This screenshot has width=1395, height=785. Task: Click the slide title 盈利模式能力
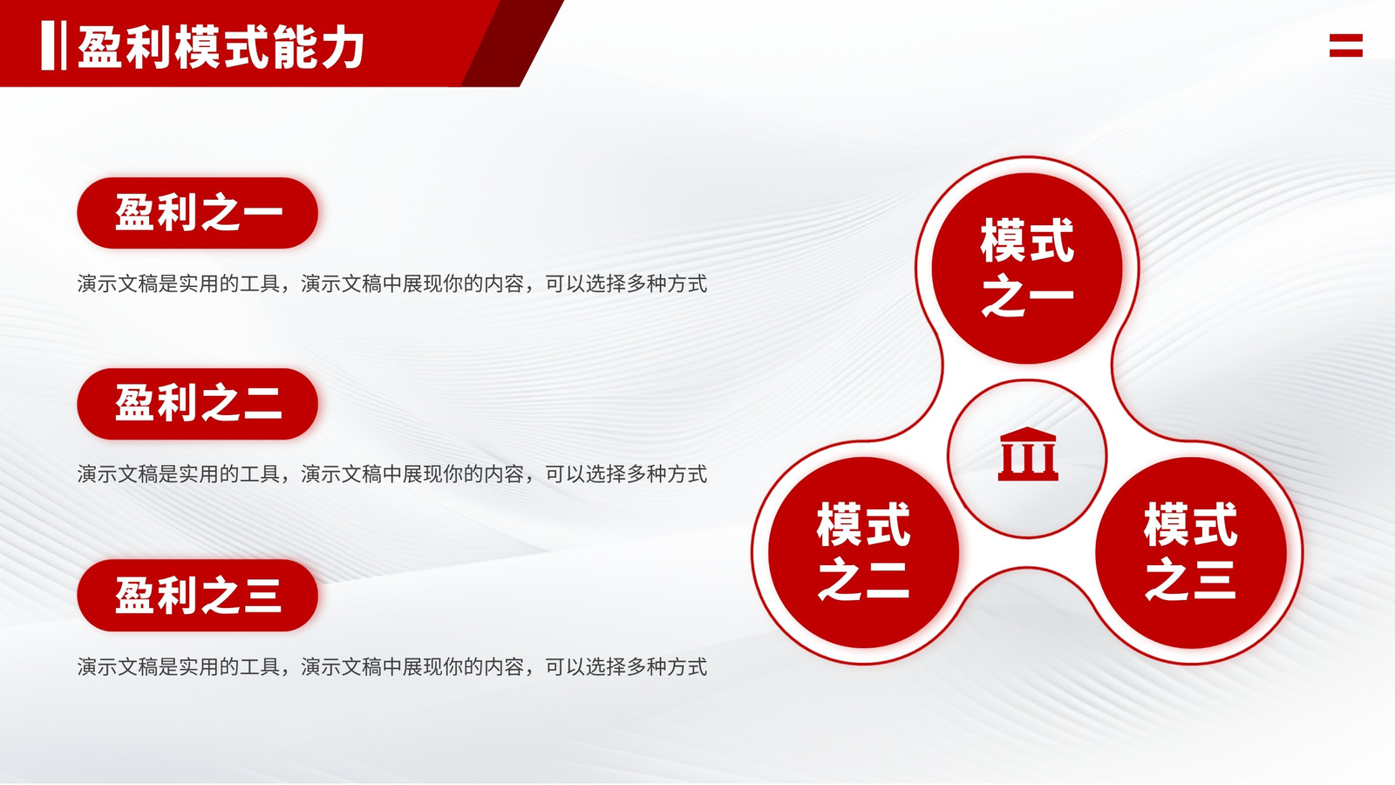(x=221, y=47)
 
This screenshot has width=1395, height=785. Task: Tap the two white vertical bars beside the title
(x=53, y=45)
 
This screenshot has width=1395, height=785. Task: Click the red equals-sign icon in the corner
(x=1346, y=45)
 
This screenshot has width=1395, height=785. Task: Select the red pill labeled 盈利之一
(x=197, y=213)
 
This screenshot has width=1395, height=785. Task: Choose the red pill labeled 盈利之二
(x=197, y=404)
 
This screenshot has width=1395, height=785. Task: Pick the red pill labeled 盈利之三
(x=197, y=596)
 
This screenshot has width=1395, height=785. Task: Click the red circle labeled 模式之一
(x=1027, y=268)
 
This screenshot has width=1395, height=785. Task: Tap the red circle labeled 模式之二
(x=863, y=553)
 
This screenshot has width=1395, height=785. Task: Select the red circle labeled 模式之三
(x=1191, y=553)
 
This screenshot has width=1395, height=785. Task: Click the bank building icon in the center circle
(x=1028, y=454)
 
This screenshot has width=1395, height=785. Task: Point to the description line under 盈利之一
(x=392, y=284)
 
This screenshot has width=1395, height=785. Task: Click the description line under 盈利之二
(x=392, y=474)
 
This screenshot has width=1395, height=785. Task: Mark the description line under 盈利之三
(x=392, y=667)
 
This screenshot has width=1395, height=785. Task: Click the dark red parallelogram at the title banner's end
(x=512, y=43)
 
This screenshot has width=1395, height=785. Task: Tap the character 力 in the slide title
(x=343, y=47)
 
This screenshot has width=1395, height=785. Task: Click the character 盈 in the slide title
(x=99, y=47)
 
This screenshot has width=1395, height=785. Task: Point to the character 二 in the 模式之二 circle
(x=886, y=580)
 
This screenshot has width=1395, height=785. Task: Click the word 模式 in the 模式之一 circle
(x=1027, y=241)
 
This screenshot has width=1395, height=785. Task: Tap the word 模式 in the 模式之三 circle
(x=1191, y=525)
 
